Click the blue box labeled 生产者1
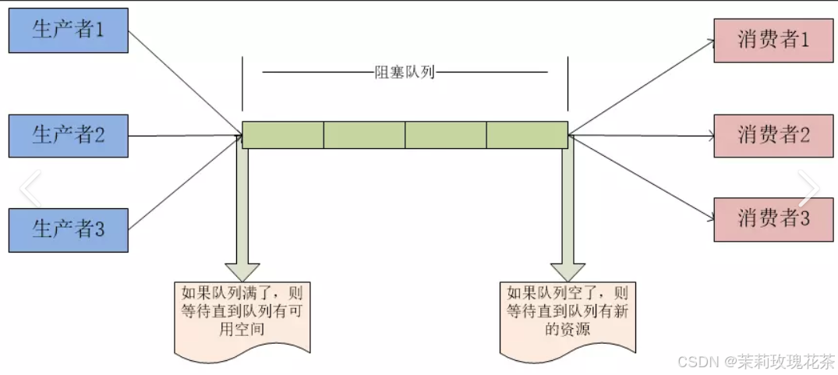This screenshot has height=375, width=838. pyautogui.click(x=69, y=31)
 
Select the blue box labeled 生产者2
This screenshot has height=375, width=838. pyautogui.click(x=69, y=135)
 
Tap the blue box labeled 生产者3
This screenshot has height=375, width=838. pyautogui.click(x=69, y=229)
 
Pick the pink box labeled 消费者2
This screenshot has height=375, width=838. pyautogui.click(x=773, y=135)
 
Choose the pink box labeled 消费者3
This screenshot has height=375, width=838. pyautogui.click(x=773, y=219)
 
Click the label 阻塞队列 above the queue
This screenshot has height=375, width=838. pyautogui.click(x=405, y=73)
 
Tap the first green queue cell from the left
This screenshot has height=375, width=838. pyautogui.click(x=283, y=135)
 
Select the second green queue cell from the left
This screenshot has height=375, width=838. pyautogui.click(x=364, y=135)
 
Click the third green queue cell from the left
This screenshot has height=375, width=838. pyautogui.click(x=445, y=135)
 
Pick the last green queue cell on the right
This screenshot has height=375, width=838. pyautogui.click(x=527, y=135)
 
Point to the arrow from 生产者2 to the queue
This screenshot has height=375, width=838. pyautogui.click(x=183, y=135)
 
